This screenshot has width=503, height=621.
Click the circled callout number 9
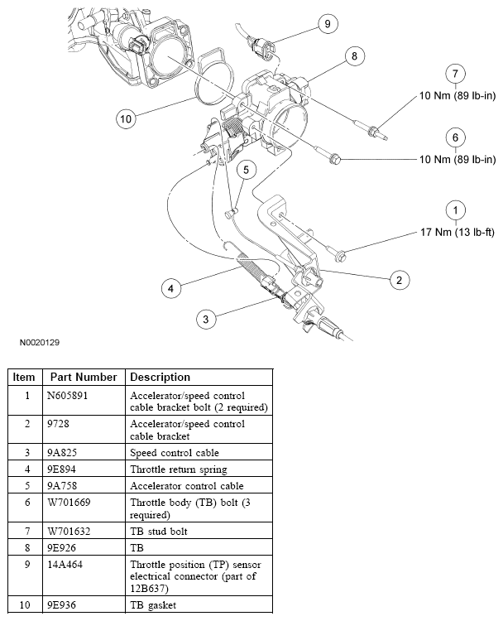point(327,24)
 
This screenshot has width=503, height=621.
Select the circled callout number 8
point(353,56)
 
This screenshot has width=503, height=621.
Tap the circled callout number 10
point(126,119)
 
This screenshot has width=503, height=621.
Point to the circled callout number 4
point(171,288)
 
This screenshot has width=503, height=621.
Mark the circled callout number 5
point(246,170)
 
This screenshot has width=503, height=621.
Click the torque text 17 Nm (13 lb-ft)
point(457,232)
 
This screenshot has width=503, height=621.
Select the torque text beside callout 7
point(457,96)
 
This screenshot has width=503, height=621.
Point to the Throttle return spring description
point(178,469)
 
